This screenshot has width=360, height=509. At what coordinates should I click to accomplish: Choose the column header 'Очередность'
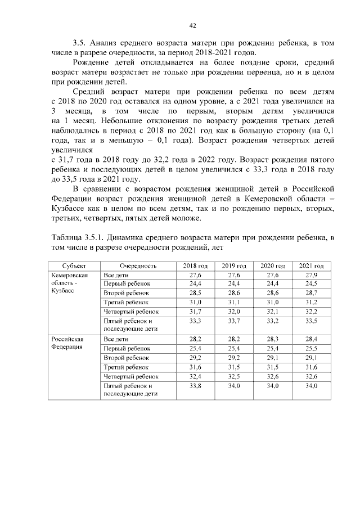click(138, 265)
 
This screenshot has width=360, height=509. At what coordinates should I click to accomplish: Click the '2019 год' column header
click(233, 265)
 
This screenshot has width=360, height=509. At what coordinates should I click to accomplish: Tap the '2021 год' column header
click(311, 265)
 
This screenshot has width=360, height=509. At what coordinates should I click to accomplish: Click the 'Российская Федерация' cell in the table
click(67, 343)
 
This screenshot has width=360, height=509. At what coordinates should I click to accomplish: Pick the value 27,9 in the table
click(311, 275)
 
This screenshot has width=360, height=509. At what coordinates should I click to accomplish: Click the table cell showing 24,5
click(311, 284)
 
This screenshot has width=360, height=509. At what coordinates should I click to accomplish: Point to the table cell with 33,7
click(233, 321)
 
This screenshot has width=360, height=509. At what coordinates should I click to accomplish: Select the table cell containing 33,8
click(195, 386)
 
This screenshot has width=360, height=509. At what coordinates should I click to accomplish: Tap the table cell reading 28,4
click(311, 339)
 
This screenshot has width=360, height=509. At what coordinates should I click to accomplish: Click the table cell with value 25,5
click(311, 349)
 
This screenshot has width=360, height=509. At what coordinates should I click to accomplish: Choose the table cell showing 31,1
click(233, 302)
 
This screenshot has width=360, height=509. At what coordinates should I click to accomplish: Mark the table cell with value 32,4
click(195, 376)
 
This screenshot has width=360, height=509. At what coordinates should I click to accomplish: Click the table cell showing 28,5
click(195, 293)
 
